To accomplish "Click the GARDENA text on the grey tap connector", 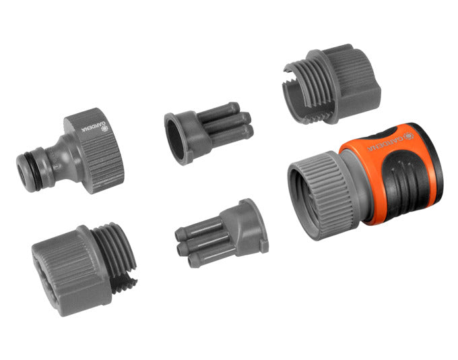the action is pyautogui.click(x=91, y=127).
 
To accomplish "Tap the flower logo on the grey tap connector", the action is pyautogui.click(x=104, y=128).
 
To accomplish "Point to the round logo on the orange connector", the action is pyautogui.click(x=409, y=136).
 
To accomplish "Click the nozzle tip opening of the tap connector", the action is pyautogui.click(x=22, y=173).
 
